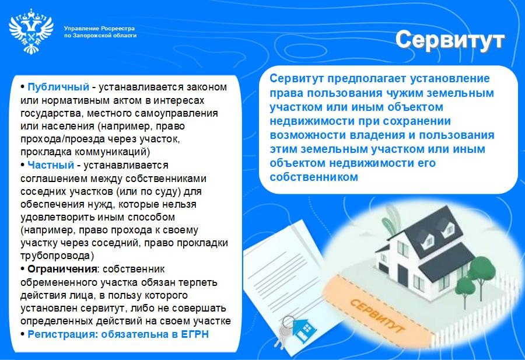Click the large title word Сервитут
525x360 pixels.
[x=450, y=40]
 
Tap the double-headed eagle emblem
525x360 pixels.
[x=31, y=31]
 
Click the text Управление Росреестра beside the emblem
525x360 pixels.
[x=99, y=29]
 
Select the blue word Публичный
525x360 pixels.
[x=58, y=87]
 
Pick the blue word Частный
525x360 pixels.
[x=51, y=165]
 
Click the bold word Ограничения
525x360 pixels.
[x=62, y=269]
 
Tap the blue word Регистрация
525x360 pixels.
[x=63, y=334]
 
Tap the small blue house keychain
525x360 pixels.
[x=304, y=330]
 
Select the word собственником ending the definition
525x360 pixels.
[x=314, y=177]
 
